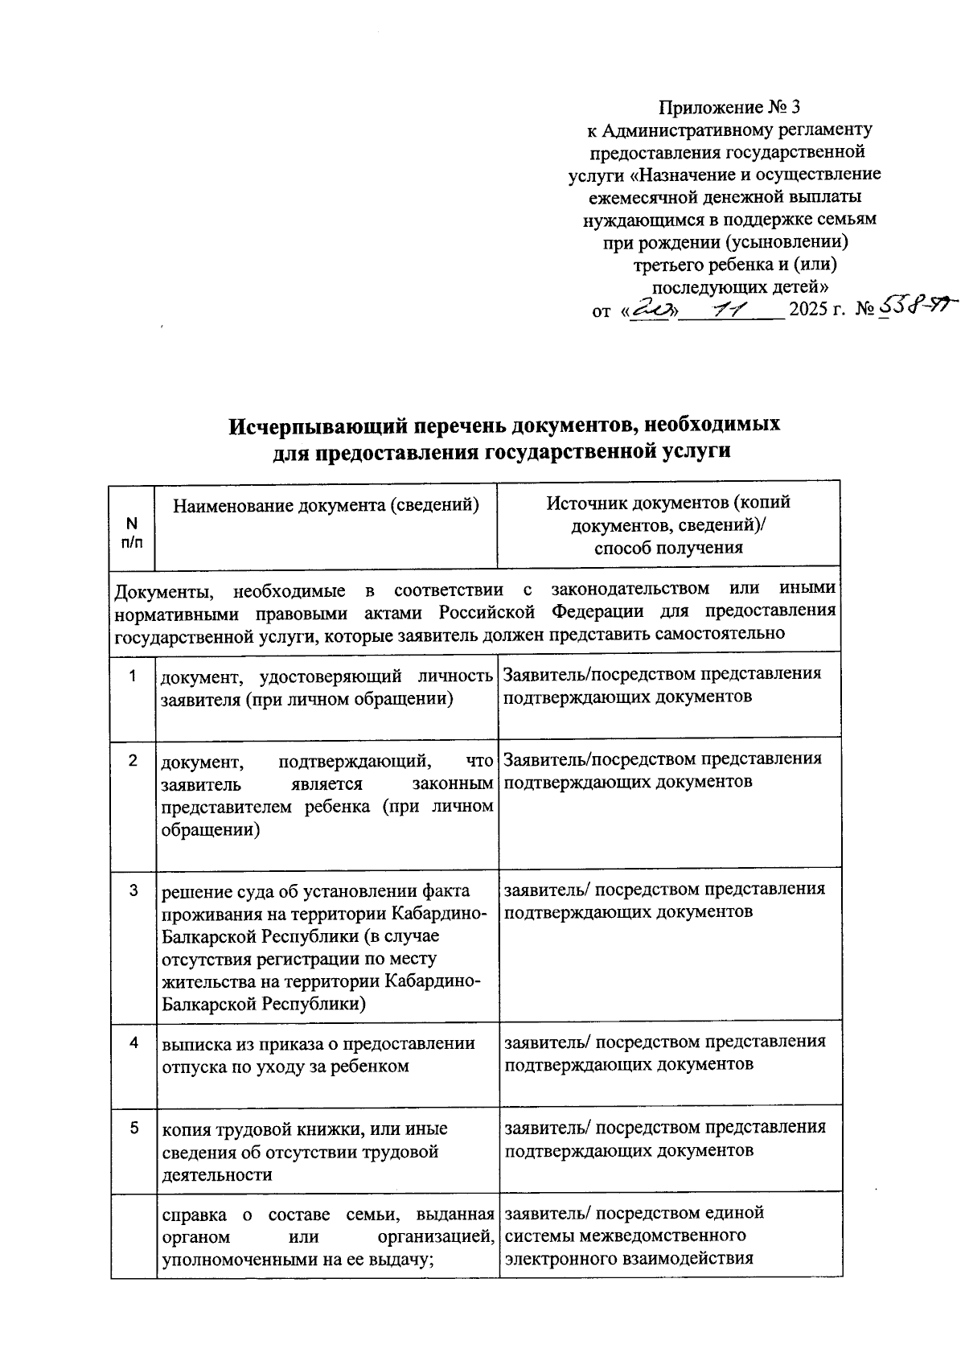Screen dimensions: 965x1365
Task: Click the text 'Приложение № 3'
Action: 729,107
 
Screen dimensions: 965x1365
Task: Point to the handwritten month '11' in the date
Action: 732,309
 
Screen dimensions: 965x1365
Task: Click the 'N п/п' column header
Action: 132,531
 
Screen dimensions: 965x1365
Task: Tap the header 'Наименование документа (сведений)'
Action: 326,505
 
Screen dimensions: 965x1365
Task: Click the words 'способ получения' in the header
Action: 668,549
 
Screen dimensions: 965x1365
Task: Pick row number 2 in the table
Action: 132,760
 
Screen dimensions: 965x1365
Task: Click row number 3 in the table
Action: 134,890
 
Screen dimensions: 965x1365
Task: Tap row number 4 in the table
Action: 134,1042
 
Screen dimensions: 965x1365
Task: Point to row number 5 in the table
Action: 134,1129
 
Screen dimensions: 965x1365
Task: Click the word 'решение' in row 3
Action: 194,891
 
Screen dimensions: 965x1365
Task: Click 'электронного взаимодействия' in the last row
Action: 628,1259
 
